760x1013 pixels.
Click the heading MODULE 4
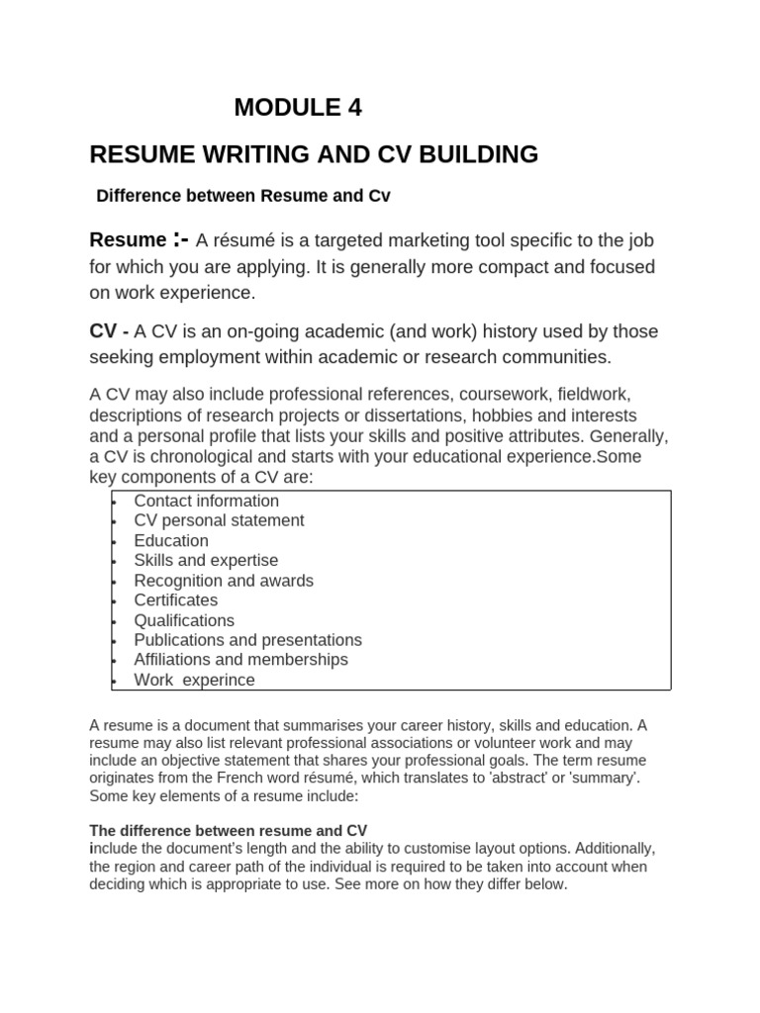(298, 108)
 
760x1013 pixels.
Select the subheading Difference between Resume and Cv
(243, 196)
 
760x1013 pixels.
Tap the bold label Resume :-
(139, 239)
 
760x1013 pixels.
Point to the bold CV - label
(110, 330)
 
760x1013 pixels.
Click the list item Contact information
(207, 501)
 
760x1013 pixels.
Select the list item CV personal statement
(219, 520)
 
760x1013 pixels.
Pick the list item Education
(171, 540)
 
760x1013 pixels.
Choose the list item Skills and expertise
(206, 560)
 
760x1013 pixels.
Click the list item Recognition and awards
(224, 581)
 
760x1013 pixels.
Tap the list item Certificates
(176, 600)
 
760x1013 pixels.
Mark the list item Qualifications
(184, 620)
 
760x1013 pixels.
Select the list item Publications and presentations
(248, 640)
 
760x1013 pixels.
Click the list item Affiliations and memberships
(241, 660)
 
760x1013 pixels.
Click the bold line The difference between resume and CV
(229, 830)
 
